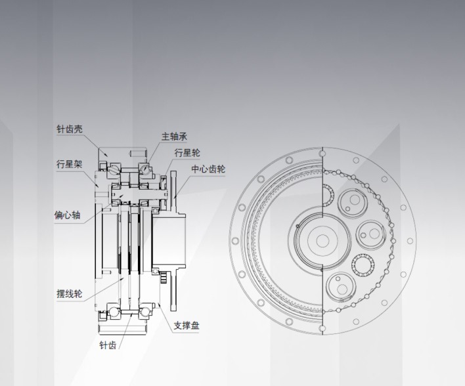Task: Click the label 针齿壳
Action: click(70, 129)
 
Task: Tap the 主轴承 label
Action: click(174, 137)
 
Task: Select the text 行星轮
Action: click(187, 153)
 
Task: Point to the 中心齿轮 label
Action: click(208, 169)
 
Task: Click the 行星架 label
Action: click(70, 164)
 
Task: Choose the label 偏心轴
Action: click(67, 215)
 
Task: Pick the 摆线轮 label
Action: click(70, 294)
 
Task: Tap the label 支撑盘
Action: click(187, 326)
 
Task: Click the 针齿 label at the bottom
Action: click(108, 345)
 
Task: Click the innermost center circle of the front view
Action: click(322, 241)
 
